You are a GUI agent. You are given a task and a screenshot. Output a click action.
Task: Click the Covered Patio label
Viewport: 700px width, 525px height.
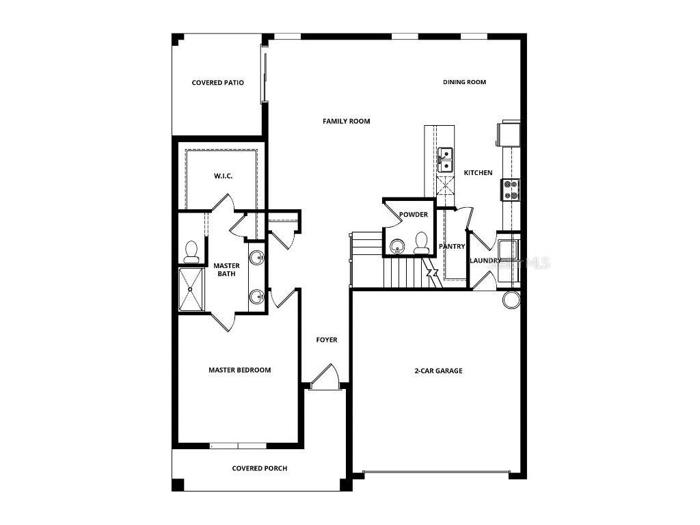(217, 83)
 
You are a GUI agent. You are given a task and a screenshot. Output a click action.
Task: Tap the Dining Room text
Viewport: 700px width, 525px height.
(464, 82)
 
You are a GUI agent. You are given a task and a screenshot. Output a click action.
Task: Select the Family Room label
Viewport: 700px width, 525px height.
(346, 121)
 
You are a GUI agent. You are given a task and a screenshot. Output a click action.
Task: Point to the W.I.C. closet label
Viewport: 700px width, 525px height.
(223, 176)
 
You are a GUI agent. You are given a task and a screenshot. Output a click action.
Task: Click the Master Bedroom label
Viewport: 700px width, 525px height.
(239, 370)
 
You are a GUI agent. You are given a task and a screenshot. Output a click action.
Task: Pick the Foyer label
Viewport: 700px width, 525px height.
(326, 340)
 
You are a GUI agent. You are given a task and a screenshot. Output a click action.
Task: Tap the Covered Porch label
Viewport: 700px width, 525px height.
(259, 468)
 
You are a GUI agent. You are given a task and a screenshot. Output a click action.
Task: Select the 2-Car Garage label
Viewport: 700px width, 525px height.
(438, 371)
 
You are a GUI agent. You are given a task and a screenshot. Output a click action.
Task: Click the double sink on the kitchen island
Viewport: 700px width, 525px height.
(444, 159)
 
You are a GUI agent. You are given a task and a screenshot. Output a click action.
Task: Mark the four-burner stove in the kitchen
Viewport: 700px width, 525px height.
(511, 189)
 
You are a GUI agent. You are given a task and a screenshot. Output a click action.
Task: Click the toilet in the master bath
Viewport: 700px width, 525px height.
(191, 252)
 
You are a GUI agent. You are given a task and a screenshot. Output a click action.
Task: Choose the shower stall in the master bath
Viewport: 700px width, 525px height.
(191, 290)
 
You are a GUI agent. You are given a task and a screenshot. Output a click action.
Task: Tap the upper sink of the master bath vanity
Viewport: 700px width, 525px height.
(256, 258)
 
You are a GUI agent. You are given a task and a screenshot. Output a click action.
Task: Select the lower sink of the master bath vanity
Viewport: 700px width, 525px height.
(256, 297)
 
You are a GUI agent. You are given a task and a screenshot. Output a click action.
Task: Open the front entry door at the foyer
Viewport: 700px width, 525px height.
(325, 378)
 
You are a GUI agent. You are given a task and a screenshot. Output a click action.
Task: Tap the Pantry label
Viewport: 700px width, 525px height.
(452, 247)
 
